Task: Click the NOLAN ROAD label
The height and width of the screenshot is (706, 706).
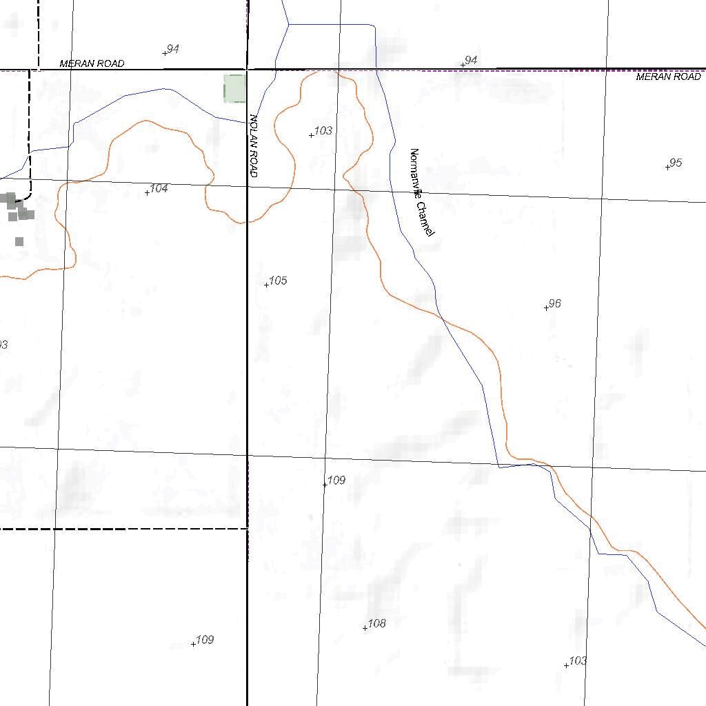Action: coord(254,146)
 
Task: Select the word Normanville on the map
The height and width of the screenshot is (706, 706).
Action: coord(415,172)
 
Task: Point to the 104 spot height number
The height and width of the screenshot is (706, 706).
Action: coord(159,188)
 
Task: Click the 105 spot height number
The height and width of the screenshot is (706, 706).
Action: coord(278,281)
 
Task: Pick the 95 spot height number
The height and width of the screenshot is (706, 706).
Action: coord(676,163)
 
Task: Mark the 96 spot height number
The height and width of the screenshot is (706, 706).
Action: coord(555,303)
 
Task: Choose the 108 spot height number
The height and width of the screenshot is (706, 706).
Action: coord(376,623)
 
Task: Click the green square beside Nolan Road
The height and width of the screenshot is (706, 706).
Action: coord(234,89)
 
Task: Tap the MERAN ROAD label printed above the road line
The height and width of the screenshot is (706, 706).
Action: coord(92,63)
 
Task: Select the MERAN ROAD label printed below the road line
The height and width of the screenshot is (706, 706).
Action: coord(668,77)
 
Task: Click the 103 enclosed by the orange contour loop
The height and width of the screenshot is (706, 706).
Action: coord(323,130)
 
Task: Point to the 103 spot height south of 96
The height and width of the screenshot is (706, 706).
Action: coord(578,660)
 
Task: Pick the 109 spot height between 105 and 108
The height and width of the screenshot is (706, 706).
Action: coord(336,480)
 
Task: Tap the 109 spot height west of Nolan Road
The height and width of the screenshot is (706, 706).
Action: coord(205,640)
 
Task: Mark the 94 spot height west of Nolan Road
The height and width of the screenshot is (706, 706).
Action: coord(173,49)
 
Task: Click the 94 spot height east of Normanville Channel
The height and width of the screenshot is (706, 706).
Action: coord(471,61)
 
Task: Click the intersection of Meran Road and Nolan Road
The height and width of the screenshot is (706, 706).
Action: coord(248,69)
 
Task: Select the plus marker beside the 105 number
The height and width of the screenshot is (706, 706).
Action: coord(267,285)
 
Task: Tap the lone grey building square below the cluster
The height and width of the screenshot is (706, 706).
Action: coord(19,241)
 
